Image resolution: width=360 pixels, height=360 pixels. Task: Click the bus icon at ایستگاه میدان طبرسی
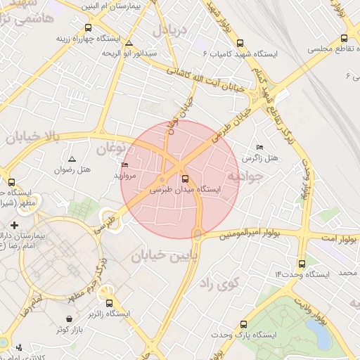(186, 179)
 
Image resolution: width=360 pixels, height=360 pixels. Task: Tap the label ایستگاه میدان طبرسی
(186, 190)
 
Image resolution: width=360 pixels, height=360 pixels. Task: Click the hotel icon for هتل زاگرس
(259, 147)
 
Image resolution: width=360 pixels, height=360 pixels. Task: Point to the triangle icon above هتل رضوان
(72, 159)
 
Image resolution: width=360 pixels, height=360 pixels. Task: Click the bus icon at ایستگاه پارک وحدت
(243, 324)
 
